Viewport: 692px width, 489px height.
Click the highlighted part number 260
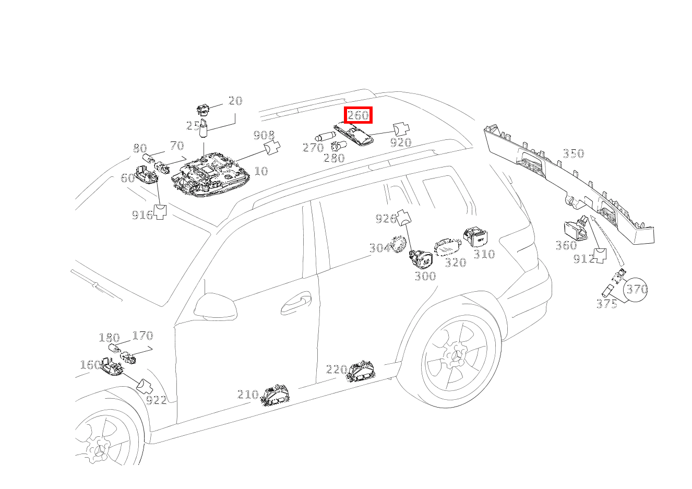pos(358,115)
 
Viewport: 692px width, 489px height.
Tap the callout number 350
pos(573,153)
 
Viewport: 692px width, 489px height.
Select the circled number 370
pos(636,289)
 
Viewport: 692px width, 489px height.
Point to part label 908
pos(264,136)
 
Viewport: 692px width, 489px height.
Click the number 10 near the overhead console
pos(261,171)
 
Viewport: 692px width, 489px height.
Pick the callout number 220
pos(336,369)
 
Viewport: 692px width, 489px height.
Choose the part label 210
pos(247,395)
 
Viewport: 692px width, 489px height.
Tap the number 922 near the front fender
pos(156,400)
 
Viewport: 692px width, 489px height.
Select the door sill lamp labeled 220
pos(362,372)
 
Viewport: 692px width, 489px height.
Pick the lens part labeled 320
pos(448,248)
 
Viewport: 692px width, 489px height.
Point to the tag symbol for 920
pos(401,128)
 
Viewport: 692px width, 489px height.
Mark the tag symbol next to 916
pos(160,211)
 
